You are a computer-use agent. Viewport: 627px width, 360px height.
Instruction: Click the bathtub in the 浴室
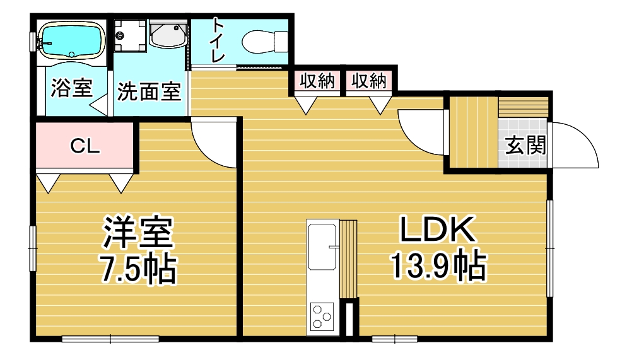pyautogui.click(x=71, y=40)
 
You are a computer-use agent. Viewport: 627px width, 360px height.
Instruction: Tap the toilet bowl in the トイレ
pyautogui.click(x=265, y=41)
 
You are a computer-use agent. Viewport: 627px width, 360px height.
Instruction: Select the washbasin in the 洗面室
pyautogui.click(x=168, y=35)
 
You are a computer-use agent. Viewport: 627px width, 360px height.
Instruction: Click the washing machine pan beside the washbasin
pyautogui.click(x=130, y=35)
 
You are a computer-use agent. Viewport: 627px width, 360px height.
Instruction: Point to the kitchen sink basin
pyautogui.click(x=322, y=247)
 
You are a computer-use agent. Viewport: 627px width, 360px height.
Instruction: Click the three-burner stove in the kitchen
pyautogui.click(x=322, y=317)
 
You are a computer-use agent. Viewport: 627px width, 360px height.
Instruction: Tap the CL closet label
pyautogui.click(x=85, y=146)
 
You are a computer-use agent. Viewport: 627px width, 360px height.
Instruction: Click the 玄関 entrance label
pyautogui.click(x=525, y=145)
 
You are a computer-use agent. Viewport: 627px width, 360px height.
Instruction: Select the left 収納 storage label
pyautogui.click(x=317, y=81)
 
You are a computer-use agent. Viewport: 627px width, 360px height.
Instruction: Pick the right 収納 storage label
pyautogui.click(x=368, y=81)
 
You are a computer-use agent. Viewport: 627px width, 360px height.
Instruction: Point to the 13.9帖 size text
pyautogui.click(x=438, y=265)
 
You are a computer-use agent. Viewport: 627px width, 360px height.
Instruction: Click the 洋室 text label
pyautogui.click(x=138, y=232)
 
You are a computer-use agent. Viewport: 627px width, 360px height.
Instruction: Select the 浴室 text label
pyautogui.click(x=72, y=88)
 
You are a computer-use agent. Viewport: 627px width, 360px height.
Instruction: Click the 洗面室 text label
pyautogui.click(x=149, y=91)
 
